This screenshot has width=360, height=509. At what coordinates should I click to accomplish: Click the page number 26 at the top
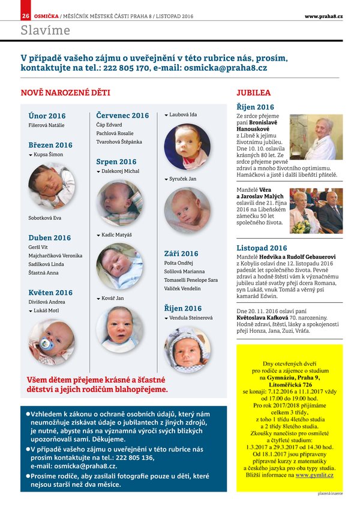pos(26,16)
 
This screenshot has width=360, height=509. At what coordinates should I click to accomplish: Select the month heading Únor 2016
pos(47,116)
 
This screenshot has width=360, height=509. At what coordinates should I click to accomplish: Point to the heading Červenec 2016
pos(122,115)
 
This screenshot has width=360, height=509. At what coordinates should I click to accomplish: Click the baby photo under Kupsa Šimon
pos(52,185)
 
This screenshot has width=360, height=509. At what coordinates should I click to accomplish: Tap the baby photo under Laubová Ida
pos(187,146)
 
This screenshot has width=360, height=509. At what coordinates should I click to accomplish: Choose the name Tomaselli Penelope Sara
pos(191,280)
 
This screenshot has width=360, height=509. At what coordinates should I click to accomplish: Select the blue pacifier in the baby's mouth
pos(46,344)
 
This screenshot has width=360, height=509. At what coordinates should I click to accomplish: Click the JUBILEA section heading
pos(253,93)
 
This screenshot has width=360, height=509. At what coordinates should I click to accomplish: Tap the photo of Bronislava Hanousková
pos(316,137)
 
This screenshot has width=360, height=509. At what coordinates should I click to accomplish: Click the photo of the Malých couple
pos(316,210)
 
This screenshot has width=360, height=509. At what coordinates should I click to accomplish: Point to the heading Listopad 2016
pos(262,248)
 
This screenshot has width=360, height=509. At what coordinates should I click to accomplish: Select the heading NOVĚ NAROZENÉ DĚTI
pos(65,93)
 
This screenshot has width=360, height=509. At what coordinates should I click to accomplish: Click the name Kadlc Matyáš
pos(116,236)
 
